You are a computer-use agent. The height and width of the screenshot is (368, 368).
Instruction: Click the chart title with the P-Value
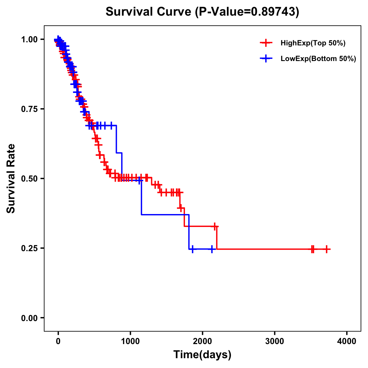point(202,12)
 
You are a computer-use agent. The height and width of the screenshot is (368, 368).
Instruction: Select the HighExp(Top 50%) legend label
point(313,43)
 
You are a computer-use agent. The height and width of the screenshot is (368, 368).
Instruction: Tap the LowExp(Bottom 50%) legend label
point(318,59)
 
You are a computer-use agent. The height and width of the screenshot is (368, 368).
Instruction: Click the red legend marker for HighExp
point(266,43)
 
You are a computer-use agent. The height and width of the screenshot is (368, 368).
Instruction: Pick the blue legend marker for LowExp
point(266,59)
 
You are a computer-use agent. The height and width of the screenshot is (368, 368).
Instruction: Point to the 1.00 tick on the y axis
point(29,39)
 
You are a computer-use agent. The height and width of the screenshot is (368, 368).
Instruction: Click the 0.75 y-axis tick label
point(29,109)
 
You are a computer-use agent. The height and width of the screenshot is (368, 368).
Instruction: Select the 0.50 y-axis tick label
point(29,178)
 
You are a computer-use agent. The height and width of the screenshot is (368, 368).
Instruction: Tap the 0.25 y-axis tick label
point(29,248)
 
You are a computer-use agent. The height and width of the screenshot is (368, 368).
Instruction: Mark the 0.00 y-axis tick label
point(29,318)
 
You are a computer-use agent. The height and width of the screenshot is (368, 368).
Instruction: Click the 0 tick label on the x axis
point(58,341)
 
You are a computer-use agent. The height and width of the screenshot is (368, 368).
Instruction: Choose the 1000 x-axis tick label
point(130,341)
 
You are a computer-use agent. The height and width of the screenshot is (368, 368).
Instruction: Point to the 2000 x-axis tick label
point(202,341)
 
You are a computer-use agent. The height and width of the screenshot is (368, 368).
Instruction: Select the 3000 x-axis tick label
point(274,341)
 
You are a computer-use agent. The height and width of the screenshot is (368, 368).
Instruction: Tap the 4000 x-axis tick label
point(347,341)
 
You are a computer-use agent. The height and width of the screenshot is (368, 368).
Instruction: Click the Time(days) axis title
point(202,355)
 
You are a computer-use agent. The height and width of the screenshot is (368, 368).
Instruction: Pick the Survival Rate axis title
point(11,178)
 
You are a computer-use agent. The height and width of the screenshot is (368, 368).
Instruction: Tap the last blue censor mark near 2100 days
point(212,249)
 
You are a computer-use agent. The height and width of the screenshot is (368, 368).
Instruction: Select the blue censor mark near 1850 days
point(192,249)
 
